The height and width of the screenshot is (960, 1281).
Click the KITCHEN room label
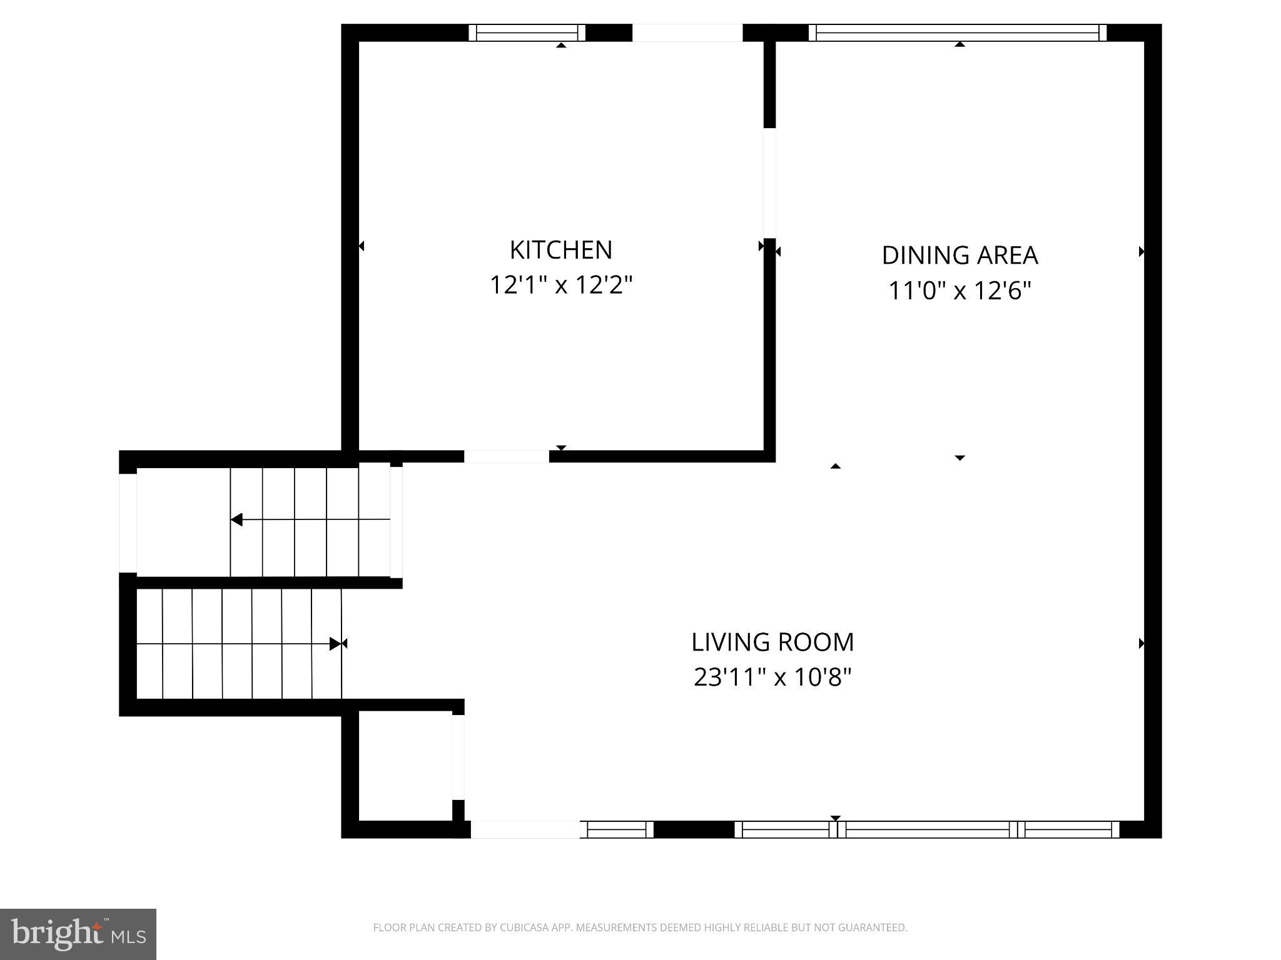560,250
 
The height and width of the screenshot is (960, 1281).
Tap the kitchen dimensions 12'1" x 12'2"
560,285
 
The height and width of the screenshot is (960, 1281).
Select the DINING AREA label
959,255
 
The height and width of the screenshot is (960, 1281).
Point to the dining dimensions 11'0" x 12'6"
959,291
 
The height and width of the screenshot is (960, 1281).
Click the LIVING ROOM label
772,642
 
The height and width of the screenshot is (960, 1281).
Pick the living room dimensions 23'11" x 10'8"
772,677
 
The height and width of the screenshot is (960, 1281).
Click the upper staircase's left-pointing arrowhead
236,519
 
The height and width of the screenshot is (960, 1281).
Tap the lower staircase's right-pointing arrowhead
336,643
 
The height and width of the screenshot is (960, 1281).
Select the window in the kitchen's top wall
527,32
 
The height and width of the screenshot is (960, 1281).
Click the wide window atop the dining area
957,32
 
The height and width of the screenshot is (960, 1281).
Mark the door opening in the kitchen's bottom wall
506,456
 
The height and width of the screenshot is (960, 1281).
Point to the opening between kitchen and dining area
769,182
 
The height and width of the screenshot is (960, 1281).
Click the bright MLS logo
78,934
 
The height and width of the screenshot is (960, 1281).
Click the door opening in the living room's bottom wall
525,829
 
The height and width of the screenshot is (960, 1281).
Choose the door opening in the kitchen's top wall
687,32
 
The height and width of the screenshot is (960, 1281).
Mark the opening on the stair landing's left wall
128,522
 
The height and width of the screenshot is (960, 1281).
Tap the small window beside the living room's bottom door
617,829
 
